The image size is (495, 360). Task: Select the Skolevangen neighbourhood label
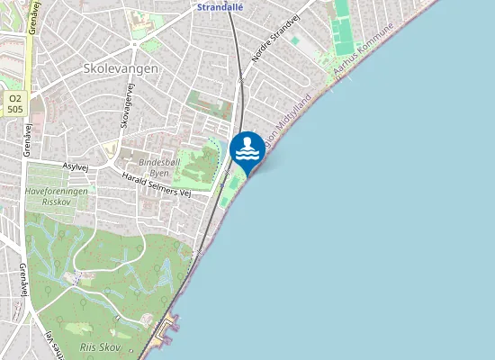[x=121, y=67]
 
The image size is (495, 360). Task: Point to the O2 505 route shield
[x=14, y=103]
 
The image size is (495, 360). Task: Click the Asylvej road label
[x=76, y=166]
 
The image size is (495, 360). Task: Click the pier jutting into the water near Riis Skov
[x=166, y=332]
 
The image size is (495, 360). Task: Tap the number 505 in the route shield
[x=14, y=108]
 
